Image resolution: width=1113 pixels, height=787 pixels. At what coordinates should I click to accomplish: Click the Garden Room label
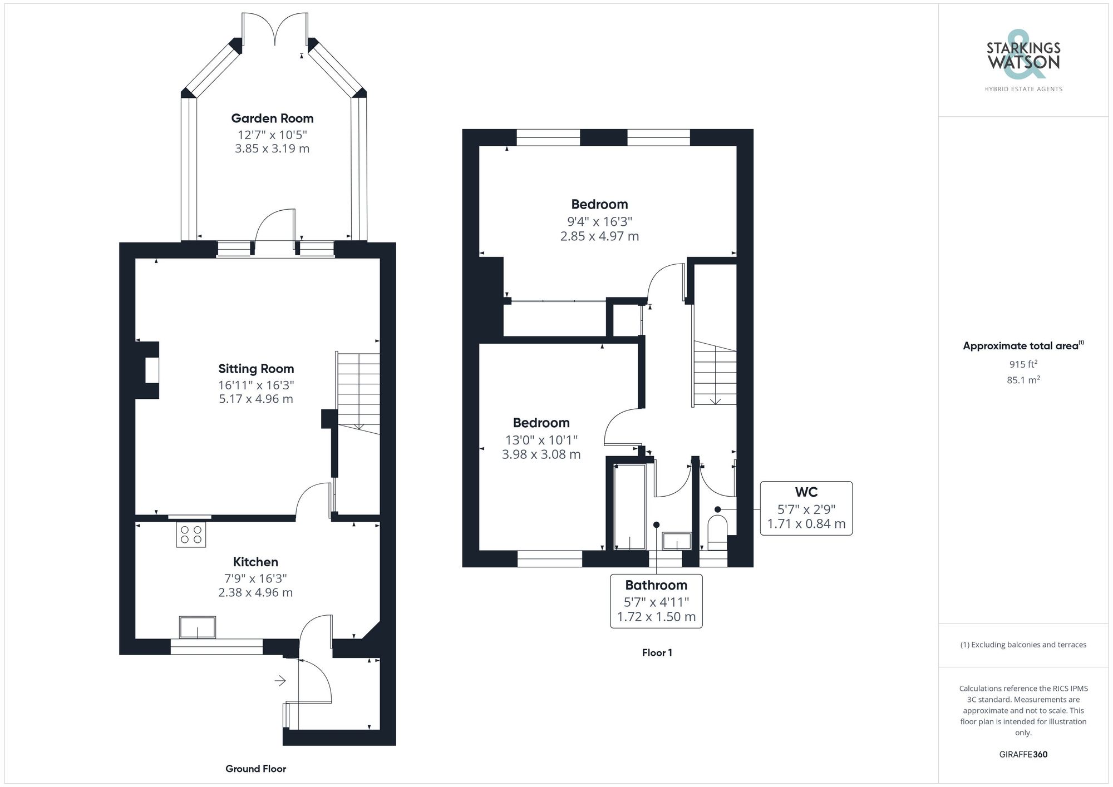coord(272,118)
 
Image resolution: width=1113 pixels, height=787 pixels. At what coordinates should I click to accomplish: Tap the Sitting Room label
coord(256,369)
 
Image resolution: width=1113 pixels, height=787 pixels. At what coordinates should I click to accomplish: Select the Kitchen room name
coord(255,562)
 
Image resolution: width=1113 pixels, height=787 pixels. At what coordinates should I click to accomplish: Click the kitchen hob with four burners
coord(191,534)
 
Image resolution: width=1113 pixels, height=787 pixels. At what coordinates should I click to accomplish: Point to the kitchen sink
coord(197,627)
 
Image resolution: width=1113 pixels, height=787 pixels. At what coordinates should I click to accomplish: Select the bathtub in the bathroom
coord(629,506)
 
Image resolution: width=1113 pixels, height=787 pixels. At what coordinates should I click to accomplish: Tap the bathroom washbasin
coord(677,541)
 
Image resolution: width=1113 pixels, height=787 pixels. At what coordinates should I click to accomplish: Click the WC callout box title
coord(806,492)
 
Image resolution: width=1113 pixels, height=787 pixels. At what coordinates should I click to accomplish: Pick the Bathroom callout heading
coord(656,585)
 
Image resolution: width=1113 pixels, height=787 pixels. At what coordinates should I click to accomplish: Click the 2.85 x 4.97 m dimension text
coord(599,236)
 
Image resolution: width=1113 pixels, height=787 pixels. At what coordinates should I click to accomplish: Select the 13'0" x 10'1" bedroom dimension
coord(541,439)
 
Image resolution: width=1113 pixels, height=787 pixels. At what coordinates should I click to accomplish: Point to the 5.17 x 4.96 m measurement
coord(256,399)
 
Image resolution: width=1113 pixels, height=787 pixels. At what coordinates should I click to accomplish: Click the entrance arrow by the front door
coord(280,680)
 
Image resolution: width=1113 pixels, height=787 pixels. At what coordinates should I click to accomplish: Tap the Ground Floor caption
coord(255,769)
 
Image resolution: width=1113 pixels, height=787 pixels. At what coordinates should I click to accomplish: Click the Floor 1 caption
coord(657,653)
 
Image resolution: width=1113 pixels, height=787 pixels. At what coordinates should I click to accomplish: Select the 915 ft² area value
coord(1023,364)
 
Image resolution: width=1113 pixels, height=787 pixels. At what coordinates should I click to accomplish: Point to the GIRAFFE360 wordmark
coord(1023,754)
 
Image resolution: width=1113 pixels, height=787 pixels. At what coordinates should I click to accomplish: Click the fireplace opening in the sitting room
coord(152,370)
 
